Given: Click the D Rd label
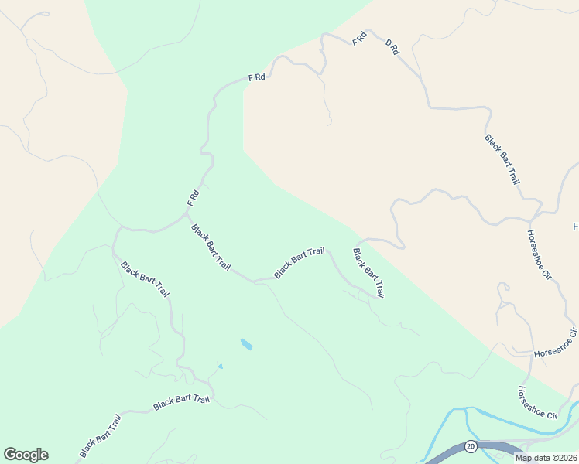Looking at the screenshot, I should pos(392,46).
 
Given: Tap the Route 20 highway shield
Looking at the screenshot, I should pos(470,447).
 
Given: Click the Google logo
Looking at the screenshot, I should pos(26,455).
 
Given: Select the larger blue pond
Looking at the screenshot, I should pos(246,343).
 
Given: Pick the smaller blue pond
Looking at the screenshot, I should pos(220,367).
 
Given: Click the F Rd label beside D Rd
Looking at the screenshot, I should pos(359,39).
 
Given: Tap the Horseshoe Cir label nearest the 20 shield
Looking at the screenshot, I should pos(537,403).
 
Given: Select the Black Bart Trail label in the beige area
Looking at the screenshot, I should pos(502,159).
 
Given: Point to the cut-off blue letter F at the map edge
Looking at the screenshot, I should pos(575,227).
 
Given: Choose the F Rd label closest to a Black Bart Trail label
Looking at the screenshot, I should pos(194,198).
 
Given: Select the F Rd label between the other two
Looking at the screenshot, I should pos(257,77).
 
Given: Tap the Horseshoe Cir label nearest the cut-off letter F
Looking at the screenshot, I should pos(539,254).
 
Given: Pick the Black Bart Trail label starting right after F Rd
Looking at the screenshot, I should pos(211,247).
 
